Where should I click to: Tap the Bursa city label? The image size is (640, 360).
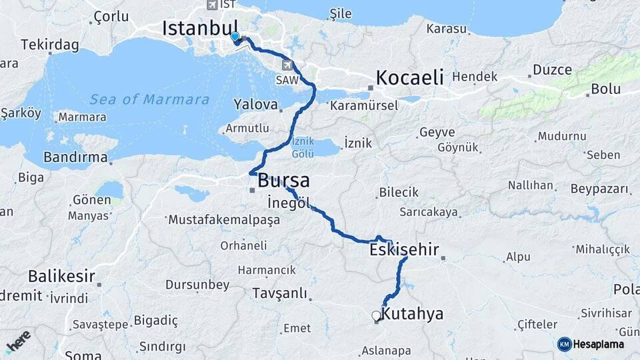(x=283, y=180)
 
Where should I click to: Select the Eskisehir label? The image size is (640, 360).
(x=404, y=250)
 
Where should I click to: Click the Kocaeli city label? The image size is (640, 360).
(x=409, y=77)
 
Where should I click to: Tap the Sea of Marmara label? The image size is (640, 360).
(x=149, y=99)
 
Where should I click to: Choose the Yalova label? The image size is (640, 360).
(x=255, y=105)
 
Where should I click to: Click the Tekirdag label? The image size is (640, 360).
(x=50, y=45)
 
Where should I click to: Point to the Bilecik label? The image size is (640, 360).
(x=399, y=192)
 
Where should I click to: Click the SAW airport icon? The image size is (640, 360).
(x=287, y=65)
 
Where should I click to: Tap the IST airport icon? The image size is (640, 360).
(x=213, y=5)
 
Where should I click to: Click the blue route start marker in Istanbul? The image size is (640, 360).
(x=235, y=37)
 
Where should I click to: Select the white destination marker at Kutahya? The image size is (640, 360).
(x=376, y=316)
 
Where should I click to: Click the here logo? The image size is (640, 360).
(x=18, y=340)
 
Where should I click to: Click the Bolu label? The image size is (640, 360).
(x=605, y=89)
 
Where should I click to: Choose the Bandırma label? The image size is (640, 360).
(x=75, y=157)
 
